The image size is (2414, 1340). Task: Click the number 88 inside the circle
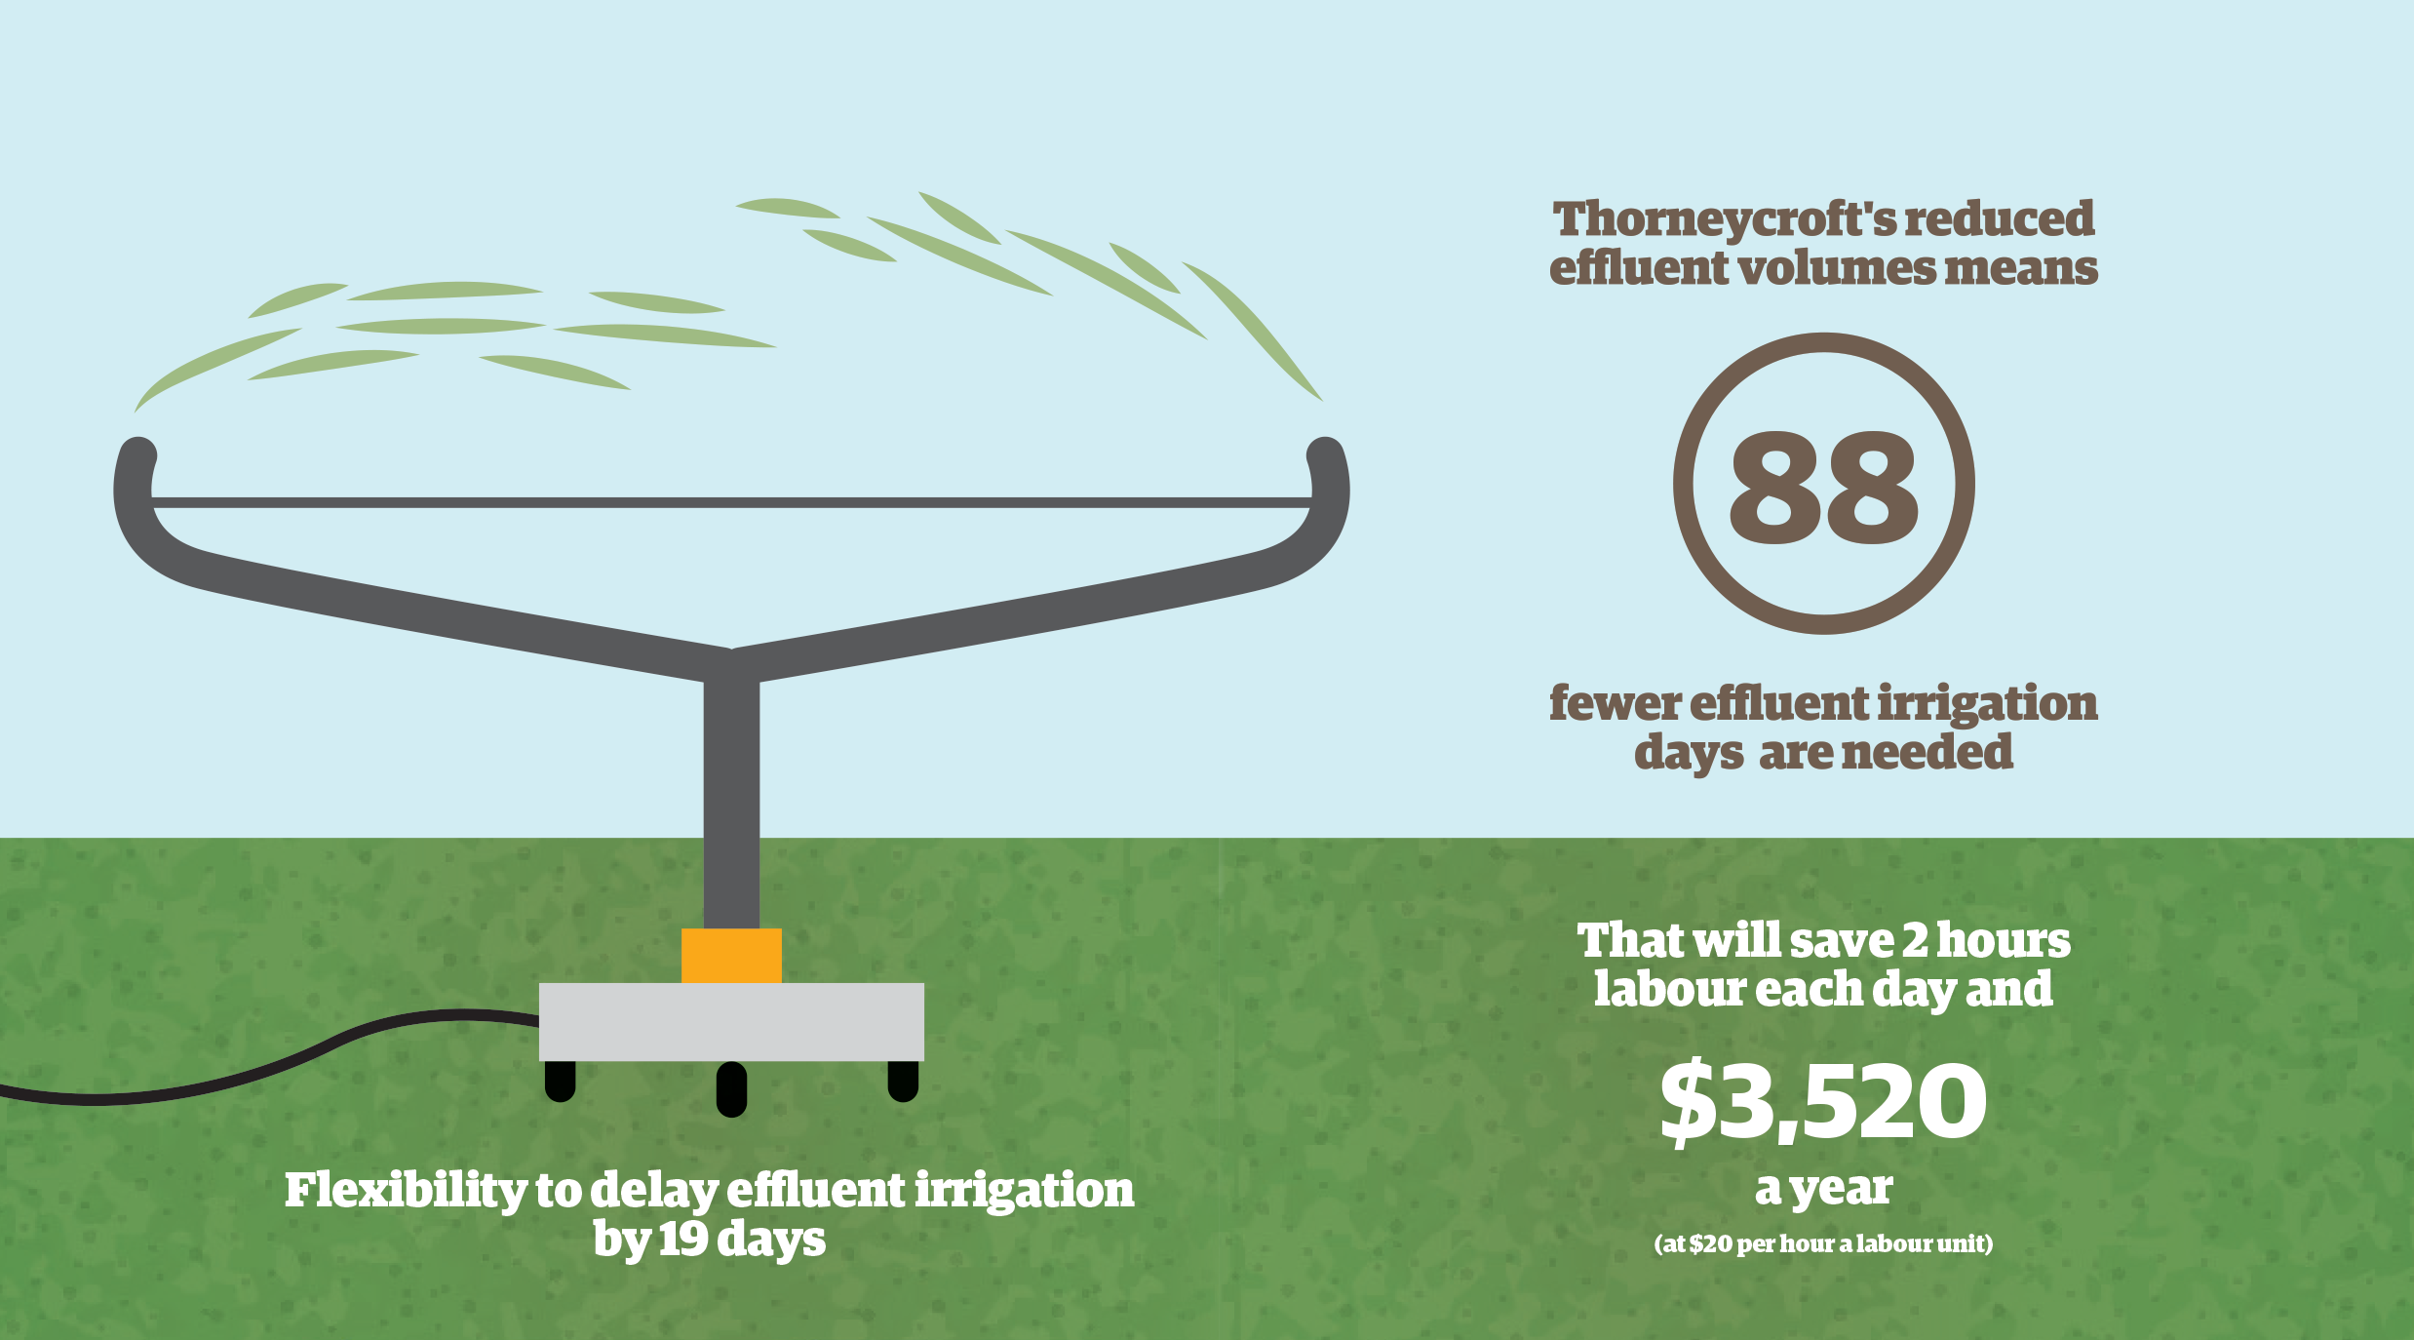pyautogui.click(x=1823, y=487)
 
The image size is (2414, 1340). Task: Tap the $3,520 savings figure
pyautogui.click(x=1823, y=1101)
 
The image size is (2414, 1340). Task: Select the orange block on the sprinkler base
pyautogui.click(x=731, y=956)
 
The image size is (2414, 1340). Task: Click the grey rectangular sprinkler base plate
pyautogui.click(x=731, y=1022)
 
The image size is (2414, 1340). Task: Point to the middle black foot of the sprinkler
pyautogui.click(x=731, y=1088)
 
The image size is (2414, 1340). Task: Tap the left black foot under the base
pyautogui.click(x=560, y=1081)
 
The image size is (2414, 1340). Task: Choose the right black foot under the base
pyautogui.click(x=903, y=1081)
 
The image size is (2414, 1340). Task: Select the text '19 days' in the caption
pyautogui.click(x=742, y=1241)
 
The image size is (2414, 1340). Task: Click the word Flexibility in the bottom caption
pyautogui.click(x=406, y=1192)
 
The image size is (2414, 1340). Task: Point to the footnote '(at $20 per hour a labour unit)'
pyautogui.click(x=1823, y=1243)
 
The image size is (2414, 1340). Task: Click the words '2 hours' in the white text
pyautogui.click(x=1986, y=940)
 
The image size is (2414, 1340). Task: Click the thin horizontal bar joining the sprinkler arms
pyautogui.click(x=731, y=502)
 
